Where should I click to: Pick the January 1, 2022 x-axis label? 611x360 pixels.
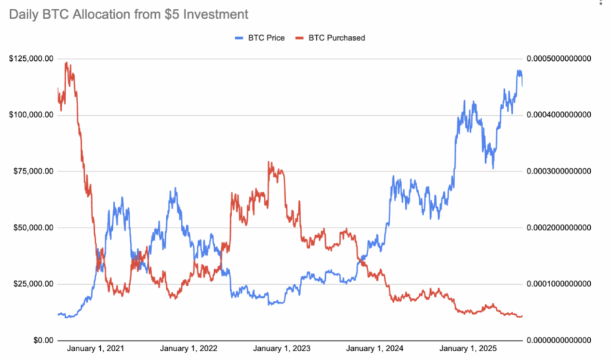click(189, 349)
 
